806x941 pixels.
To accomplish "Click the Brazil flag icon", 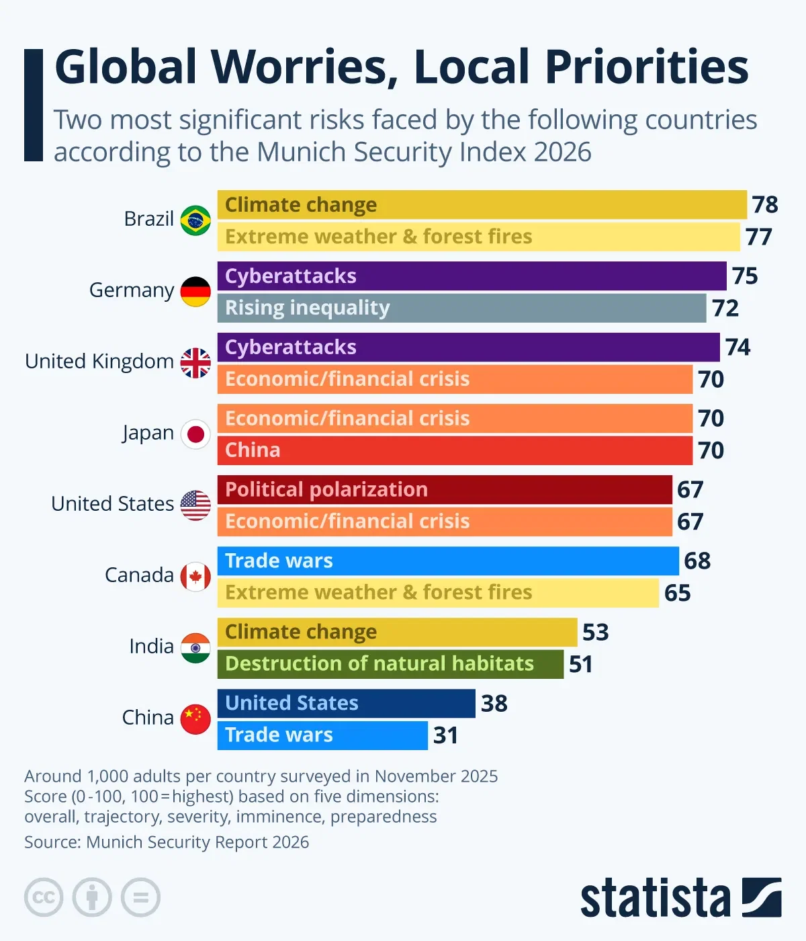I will pyautogui.click(x=195, y=220).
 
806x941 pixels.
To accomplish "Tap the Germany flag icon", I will pyautogui.click(x=195, y=292).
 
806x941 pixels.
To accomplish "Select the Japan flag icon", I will pyautogui.click(x=195, y=434).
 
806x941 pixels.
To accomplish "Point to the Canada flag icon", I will pyautogui.click(x=195, y=577).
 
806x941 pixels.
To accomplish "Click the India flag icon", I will pyautogui.click(x=195, y=648).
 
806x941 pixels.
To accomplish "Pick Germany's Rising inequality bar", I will pyautogui.click(x=461, y=308).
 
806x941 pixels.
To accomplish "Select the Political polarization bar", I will pyautogui.click(x=445, y=489).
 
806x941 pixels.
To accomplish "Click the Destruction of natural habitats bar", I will pyautogui.click(x=390, y=664).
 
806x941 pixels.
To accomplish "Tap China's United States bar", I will pyautogui.click(x=346, y=703).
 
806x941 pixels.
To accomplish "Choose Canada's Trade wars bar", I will pyautogui.click(x=448, y=561).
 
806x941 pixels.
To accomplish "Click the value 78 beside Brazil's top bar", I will pyautogui.click(x=764, y=204).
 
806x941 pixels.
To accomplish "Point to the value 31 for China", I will pyautogui.click(x=445, y=735).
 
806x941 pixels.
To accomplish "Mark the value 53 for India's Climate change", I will pyautogui.click(x=595, y=632).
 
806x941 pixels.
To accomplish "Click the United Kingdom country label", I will pyautogui.click(x=99, y=362).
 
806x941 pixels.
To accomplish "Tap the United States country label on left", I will pyautogui.click(x=112, y=504).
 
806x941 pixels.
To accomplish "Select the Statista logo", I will pyautogui.click(x=680, y=897).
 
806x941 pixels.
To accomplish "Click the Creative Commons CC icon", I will pyautogui.click(x=44, y=897).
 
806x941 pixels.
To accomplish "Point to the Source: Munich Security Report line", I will pyautogui.click(x=167, y=842).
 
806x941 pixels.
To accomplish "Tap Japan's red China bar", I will pyautogui.click(x=455, y=450).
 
